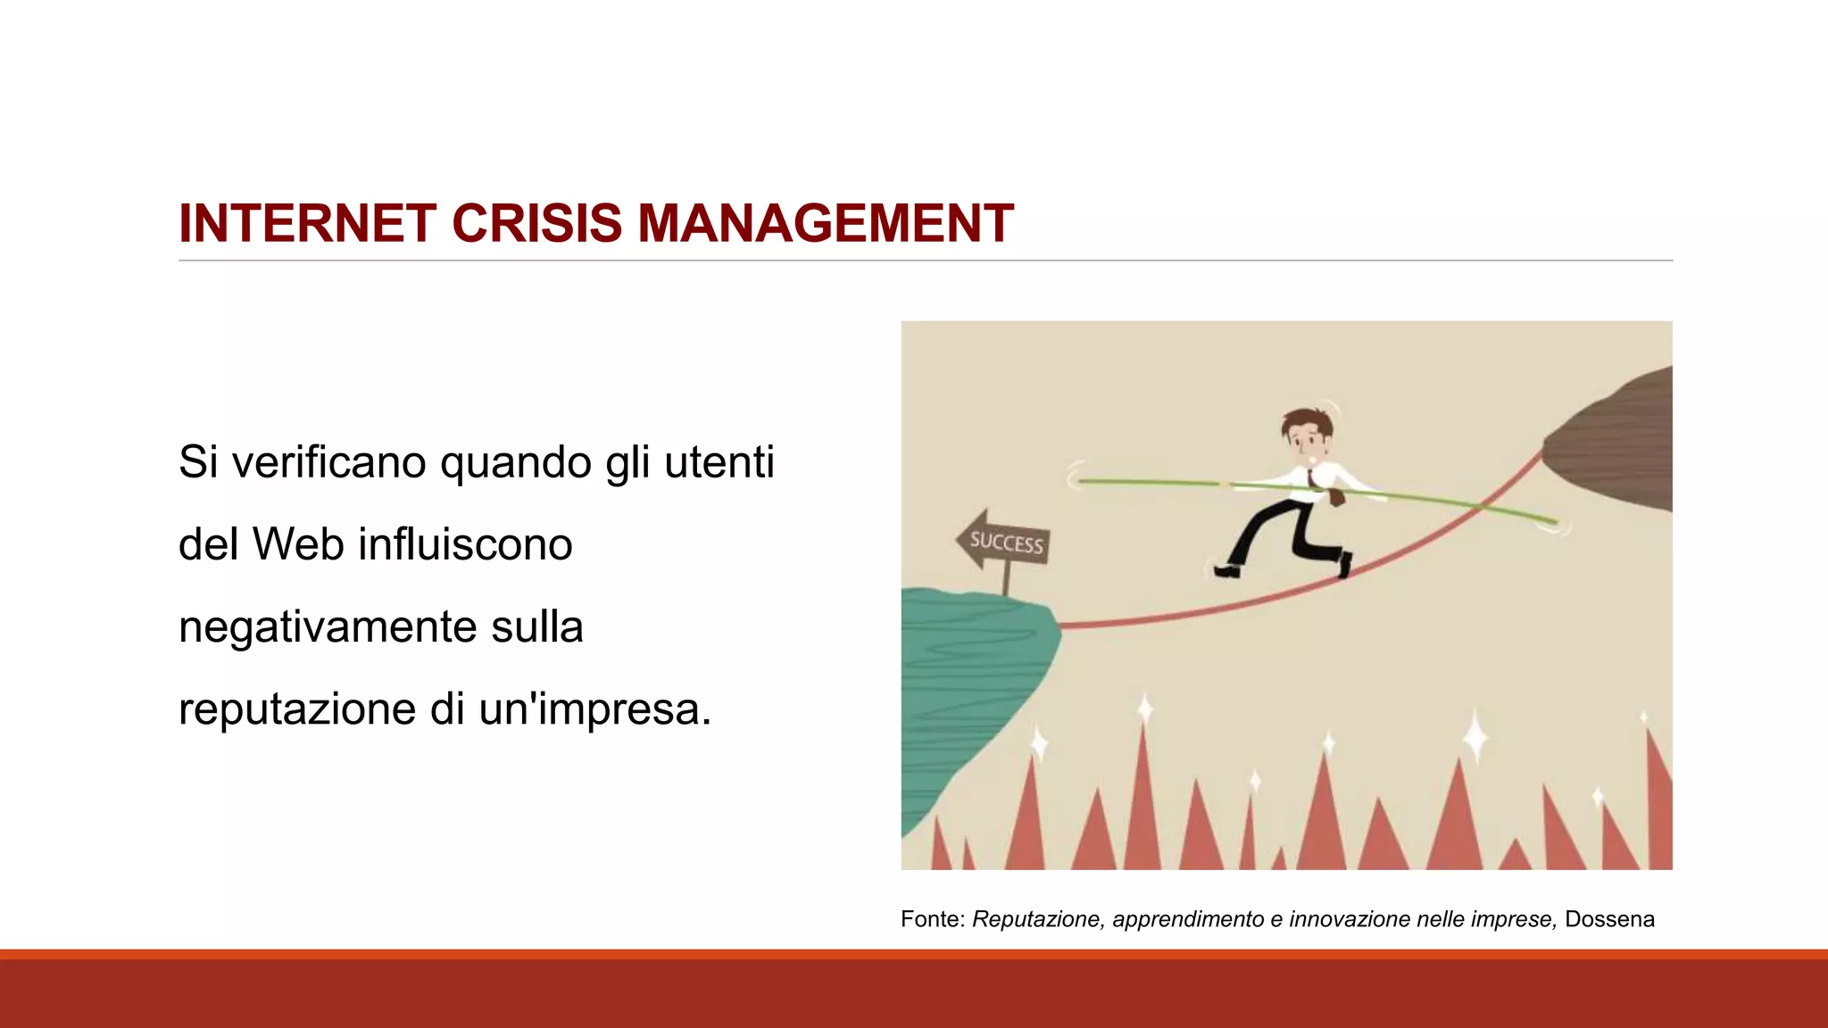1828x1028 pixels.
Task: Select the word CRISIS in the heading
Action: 536,223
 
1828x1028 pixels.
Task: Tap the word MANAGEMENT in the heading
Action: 825,223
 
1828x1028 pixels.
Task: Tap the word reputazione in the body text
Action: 297,709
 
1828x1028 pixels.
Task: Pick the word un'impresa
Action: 594,709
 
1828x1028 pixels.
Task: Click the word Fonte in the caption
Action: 928,919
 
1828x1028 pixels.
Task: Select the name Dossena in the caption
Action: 1609,919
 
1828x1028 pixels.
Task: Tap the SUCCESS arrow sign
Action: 1003,541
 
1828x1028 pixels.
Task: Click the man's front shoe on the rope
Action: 1344,564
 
